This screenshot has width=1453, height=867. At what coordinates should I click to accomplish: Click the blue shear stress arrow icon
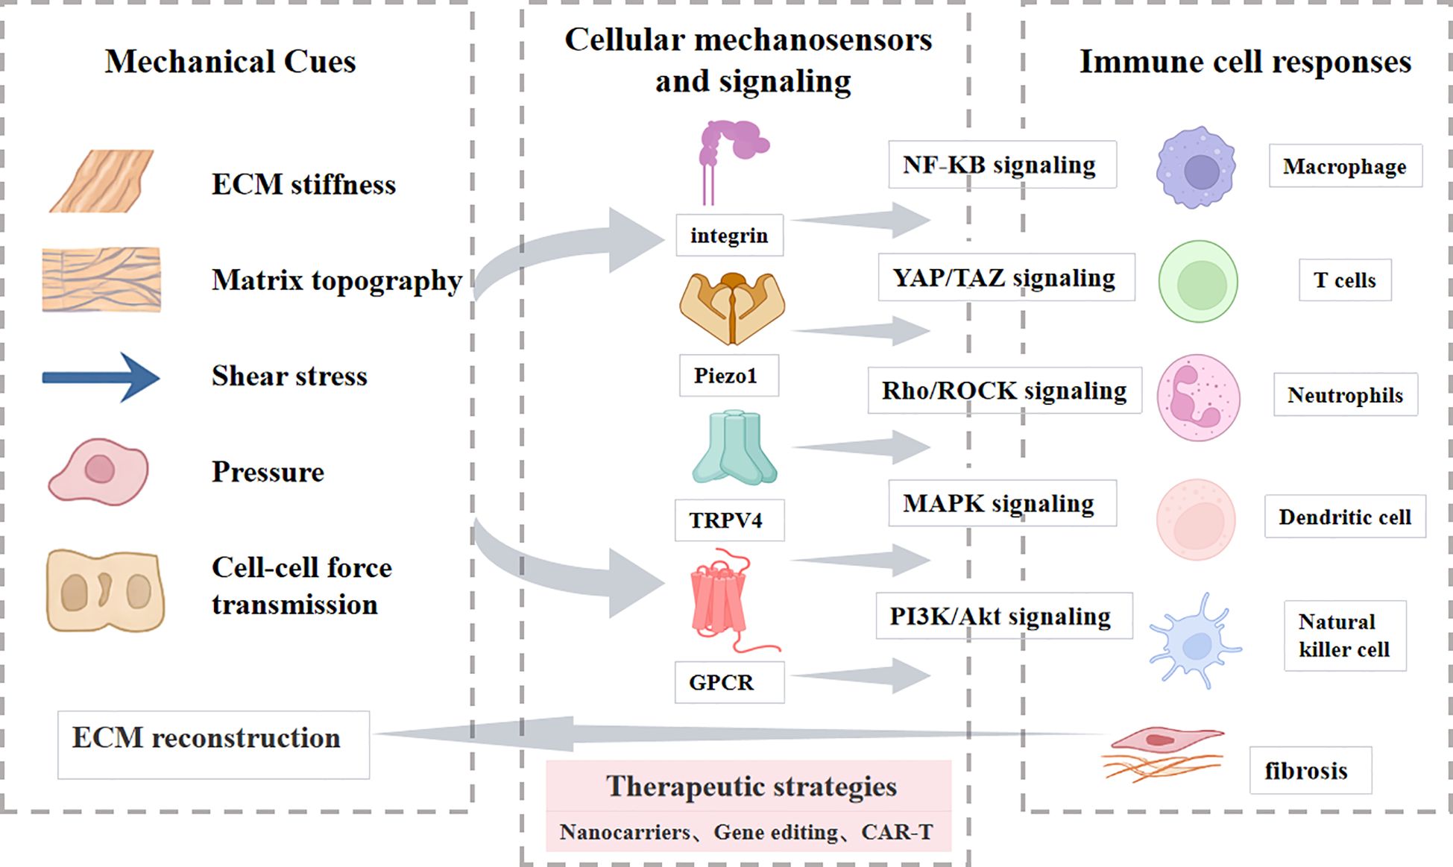tap(101, 377)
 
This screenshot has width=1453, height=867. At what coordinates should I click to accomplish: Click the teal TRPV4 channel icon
tap(734, 447)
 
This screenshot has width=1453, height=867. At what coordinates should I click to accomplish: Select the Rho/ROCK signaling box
tap(1004, 391)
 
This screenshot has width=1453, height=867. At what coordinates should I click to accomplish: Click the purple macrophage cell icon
tap(1196, 168)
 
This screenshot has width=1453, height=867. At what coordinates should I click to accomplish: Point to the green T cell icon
tap(1198, 282)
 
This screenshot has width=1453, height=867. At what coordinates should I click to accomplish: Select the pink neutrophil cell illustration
tap(1198, 398)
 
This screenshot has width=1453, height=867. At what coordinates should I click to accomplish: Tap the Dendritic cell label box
tap(1344, 517)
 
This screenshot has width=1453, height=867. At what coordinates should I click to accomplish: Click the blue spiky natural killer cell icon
tap(1194, 642)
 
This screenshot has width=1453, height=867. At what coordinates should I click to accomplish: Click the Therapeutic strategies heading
tap(750, 786)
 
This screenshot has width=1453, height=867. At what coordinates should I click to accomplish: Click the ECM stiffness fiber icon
tap(102, 182)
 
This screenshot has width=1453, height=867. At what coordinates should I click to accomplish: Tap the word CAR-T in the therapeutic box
tap(897, 832)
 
